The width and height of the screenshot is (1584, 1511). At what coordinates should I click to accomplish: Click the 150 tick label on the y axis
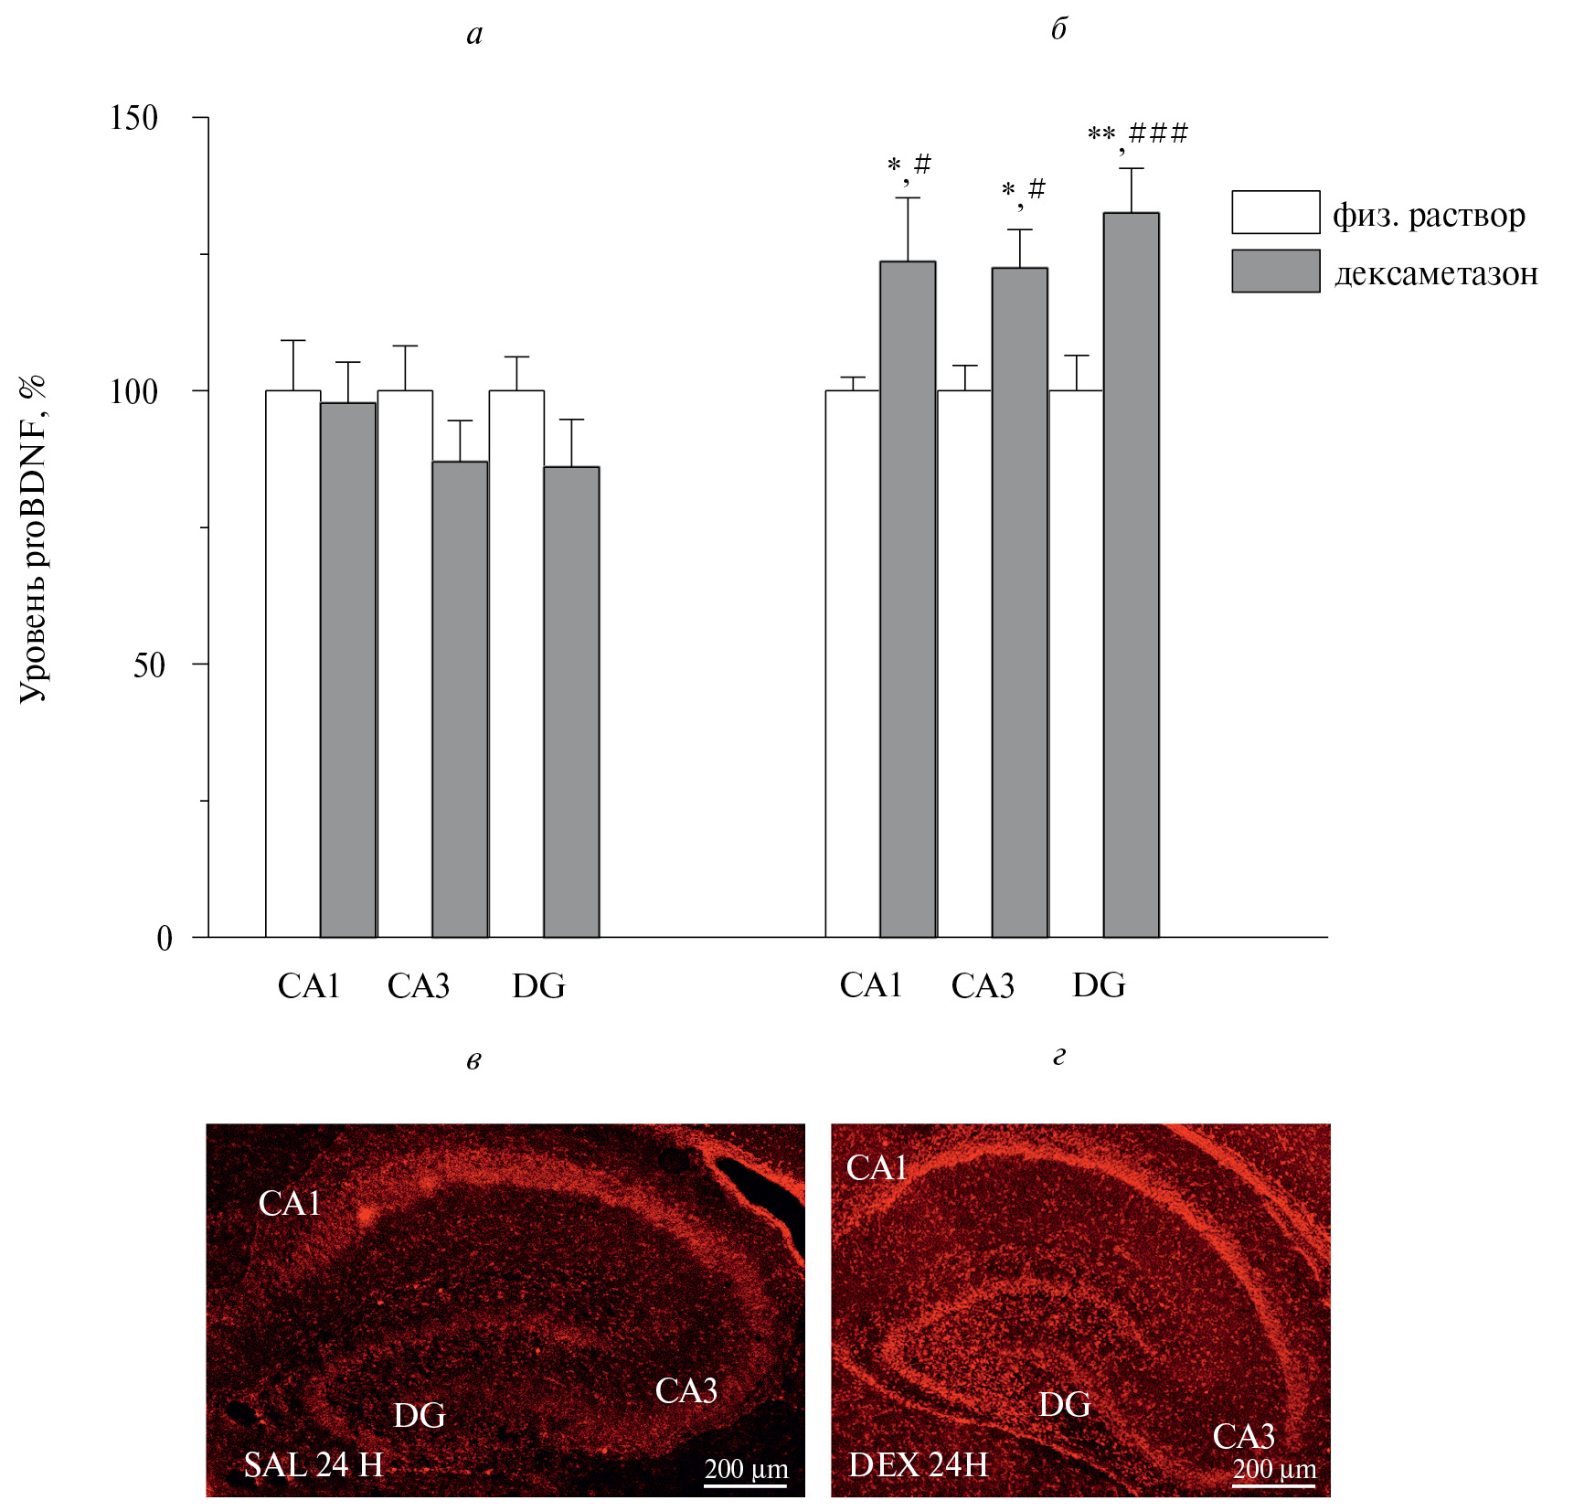(133, 117)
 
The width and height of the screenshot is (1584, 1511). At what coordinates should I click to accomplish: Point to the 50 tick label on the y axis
(149, 665)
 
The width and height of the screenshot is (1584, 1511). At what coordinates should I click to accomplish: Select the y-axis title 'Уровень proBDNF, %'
(33, 538)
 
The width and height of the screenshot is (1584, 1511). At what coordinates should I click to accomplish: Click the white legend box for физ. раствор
(1275, 212)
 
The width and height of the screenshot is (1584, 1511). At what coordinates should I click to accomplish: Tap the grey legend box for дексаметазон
(1275, 271)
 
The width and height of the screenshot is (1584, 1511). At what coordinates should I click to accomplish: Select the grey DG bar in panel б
(1131, 575)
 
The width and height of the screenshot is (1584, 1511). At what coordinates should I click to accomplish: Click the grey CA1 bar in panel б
(908, 599)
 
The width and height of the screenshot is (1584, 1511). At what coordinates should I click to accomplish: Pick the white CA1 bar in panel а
(292, 664)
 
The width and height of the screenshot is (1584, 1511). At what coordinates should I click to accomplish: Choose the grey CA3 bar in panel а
(460, 699)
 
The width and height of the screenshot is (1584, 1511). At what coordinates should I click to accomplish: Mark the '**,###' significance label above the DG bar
(1137, 135)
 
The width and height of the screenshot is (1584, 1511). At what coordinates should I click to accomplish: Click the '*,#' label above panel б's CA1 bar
(909, 166)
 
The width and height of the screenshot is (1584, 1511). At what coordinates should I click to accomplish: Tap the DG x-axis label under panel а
(538, 986)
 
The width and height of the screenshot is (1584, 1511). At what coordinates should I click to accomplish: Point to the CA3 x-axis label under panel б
(983, 985)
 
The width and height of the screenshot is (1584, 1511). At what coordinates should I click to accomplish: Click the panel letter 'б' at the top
(1058, 29)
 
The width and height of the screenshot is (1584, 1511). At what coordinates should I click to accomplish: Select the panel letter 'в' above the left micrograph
(473, 1060)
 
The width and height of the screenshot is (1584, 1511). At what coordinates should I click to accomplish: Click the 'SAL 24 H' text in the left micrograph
(313, 1465)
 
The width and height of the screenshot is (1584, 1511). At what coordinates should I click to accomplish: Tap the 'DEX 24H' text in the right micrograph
(918, 1465)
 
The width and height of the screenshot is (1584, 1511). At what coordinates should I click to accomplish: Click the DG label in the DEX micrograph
(1064, 1404)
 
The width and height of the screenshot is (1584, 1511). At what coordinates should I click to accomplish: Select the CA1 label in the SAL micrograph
(289, 1204)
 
